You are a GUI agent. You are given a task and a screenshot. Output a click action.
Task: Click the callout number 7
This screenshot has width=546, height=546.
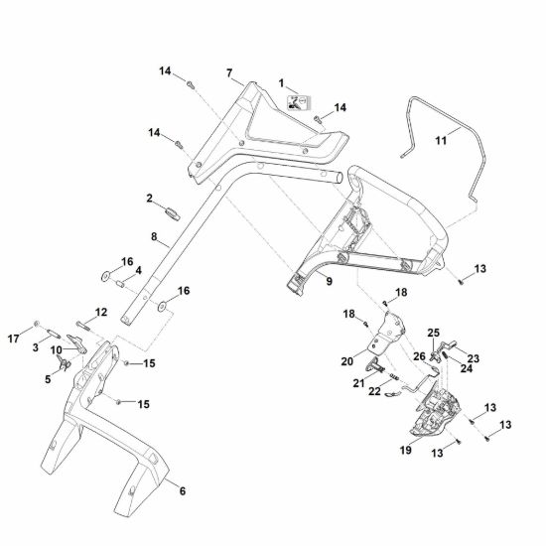pyautogui.click(x=229, y=73)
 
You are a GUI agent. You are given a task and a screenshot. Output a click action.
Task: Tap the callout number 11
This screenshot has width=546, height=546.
pyautogui.click(x=441, y=141)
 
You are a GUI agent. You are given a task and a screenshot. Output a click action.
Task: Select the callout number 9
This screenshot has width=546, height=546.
pyautogui.click(x=329, y=281)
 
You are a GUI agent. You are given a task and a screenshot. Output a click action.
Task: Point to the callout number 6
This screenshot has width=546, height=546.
pyautogui.click(x=183, y=491)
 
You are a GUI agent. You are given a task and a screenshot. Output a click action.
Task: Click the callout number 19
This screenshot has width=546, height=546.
pyautogui.click(x=406, y=450)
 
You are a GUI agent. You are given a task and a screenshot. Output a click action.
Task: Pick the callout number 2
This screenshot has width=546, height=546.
pyautogui.click(x=149, y=199)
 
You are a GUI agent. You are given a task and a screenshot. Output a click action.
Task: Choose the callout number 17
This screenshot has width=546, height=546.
pyautogui.click(x=14, y=339)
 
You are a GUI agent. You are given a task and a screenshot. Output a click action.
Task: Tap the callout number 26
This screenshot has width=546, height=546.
pyautogui.click(x=419, y=356)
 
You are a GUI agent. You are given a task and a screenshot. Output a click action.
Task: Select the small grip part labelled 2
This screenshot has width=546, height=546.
pyautogui.click(x=173, y=213)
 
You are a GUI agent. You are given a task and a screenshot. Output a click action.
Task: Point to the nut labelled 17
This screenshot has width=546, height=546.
pyautogui.click(x=36, y=324)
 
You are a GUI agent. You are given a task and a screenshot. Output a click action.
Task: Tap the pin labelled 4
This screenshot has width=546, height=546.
pyautogui.click(x=120, y=284)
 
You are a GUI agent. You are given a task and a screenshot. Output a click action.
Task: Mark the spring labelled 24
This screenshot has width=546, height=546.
pyautogui.click(x=446, y=357)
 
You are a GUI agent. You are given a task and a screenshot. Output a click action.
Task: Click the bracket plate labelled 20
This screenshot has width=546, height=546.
pyautogui.click(x=387, y=334)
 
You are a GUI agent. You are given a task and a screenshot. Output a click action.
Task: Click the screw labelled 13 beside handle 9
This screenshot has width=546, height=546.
pyautogui.click(x=461, y=282)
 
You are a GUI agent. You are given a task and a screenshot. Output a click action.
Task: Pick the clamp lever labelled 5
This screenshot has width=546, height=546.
pyautogui.click(x=64, y=362)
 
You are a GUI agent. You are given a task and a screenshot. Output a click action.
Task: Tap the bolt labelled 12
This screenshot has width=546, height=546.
pyautogui.click(x=83, y=327)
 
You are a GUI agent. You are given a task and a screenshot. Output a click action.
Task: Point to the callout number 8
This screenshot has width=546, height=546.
pyautogui.click(x=154, y=237)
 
